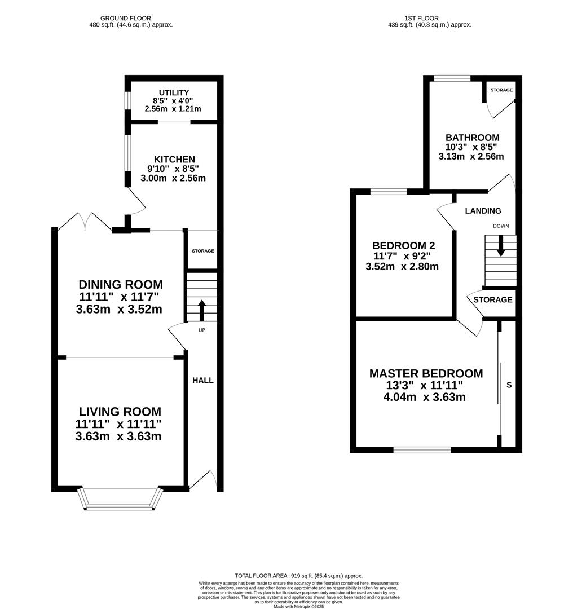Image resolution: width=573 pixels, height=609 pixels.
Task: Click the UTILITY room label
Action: pyautogui.click(x=174, y=93)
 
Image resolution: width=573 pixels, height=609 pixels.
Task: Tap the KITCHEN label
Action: pyautogui.click(x=174, y=160)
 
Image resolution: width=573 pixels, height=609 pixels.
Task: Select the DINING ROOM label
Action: pyautogui.click(x=121, y=284)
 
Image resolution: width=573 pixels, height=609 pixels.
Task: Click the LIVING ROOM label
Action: pyautogui.click(x=120, y=412)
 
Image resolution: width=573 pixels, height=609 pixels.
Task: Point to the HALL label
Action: pyautogui.click(x=203, y=380)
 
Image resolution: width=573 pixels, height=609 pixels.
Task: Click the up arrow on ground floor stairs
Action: pyautogui.click(x=202, y=310)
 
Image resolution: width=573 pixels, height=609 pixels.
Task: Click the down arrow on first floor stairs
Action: pyautogui.click(x=501, y=245)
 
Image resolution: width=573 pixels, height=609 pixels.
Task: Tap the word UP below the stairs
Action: pyautogui.click(x=202, y=330)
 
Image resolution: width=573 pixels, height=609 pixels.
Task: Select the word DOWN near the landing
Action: pyautogui.click(x=501, y=226)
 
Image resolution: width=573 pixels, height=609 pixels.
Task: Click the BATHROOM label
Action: pyautogui.click(x=473, y=138)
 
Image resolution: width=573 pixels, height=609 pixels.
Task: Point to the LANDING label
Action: pyautogui.click(x=483, y=211)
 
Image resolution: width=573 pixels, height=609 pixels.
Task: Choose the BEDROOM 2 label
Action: pyautogui.click(x=404, y=245)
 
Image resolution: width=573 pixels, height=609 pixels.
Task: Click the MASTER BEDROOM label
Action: pyautogui.click(x=426, y=374)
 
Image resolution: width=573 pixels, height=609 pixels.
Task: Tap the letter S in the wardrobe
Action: pyautogui.click(x=509, y=385)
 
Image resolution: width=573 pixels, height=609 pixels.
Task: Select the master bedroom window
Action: pyautogui.click(x=422, y=450)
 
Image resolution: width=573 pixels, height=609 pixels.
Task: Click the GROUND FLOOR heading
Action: pyautogui.click(x=125, y=18)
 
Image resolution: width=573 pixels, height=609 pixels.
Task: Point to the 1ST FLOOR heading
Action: pyautogui.click(x=421, y=18)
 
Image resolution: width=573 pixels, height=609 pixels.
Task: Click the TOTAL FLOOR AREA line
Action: pyautogui.click(x=298, y=576)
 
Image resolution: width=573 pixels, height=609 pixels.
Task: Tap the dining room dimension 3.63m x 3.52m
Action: pyautogui.click(x=119, y=310)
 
